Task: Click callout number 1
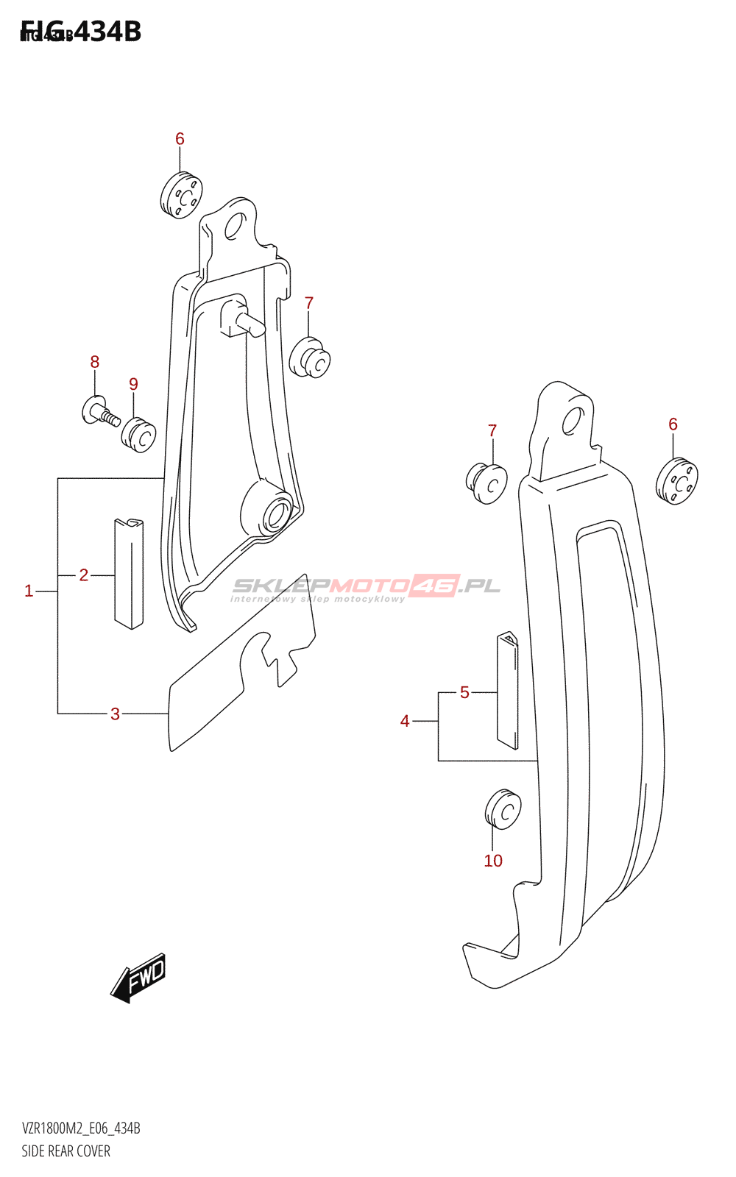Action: (x=29, y=591)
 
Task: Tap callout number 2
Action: (x=84, y=575)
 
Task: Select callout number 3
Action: (x=115, y=714)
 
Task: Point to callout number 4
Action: (x=405, y=722)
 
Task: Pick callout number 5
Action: (x=464, y=692)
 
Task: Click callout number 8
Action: (x=95, y=362)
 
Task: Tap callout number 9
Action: (x=133, y=384)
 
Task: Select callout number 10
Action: (x=493, y=861)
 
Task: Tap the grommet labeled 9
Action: (x=139, y=435)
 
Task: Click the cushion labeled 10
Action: (x=503, y=810)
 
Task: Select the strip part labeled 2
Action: (x=129, y=574)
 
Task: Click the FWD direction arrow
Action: (x=139, y=978)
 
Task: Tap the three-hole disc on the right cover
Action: (x=676, y=481)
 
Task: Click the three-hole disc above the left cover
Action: (x=180, y=195)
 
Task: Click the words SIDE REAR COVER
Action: (x=66, y=1151)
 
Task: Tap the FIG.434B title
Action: (x=81, y=32)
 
